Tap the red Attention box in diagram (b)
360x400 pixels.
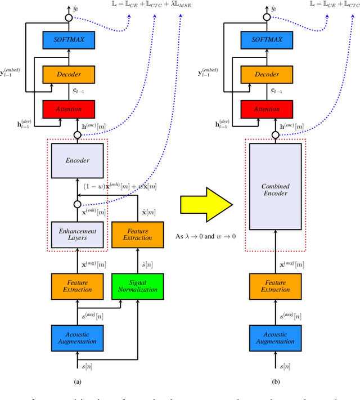tap(269, 109)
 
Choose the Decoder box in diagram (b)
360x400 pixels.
tap(269, 75)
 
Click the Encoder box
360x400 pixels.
tap(78, 160)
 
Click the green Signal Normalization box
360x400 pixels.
tap(138, 287)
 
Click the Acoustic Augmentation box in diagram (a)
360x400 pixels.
tap(78, 338)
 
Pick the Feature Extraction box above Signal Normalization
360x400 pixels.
tap(138, 235)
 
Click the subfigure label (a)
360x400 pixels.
tap(77, 381)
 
